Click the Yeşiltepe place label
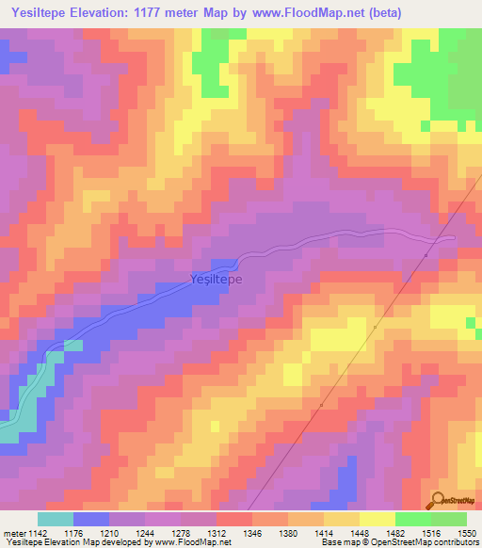pos(217,281)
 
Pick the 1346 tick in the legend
pos(252,532)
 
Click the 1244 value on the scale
pos(146,532)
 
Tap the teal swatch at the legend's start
pos(56,519)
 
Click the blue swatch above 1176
pos(91,519)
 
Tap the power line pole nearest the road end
pos(426,254)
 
